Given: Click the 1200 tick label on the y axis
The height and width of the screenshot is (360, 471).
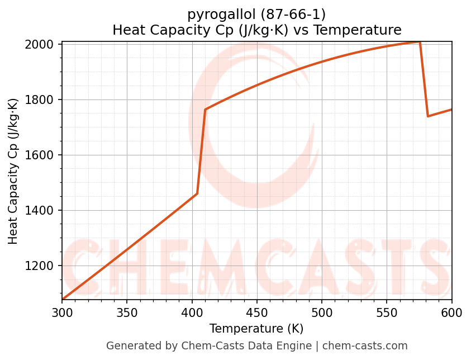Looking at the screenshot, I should tap(42, 266).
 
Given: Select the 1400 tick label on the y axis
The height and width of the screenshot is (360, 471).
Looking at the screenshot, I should tap(42, 211).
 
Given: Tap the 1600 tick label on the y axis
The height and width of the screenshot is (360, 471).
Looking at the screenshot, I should tap(42, 155).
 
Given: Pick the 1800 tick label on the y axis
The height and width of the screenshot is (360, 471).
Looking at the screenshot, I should tap(42, 100).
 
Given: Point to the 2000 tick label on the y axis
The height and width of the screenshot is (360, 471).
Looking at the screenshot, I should tap(42, 45).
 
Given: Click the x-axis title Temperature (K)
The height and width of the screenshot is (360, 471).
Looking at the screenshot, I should tap(256, 329).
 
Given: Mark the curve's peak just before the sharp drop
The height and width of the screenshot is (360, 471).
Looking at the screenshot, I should tap(420, 42).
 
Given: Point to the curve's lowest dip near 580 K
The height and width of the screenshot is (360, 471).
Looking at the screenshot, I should tap(428, 116).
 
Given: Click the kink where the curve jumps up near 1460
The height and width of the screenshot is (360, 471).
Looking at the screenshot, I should tap(197, 194).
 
